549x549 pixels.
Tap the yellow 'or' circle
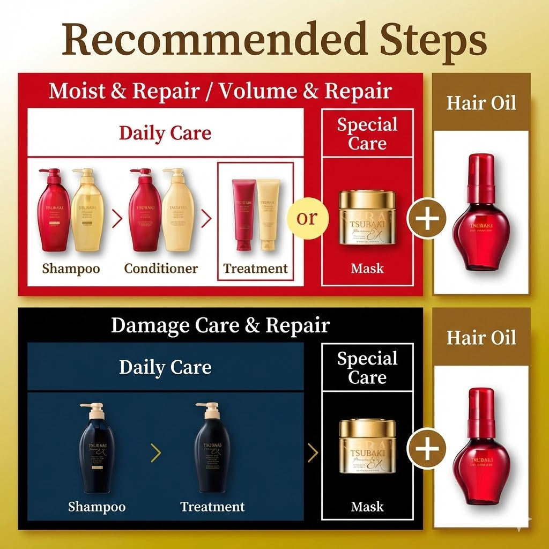pos(306,218)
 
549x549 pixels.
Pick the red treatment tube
pos(243,214)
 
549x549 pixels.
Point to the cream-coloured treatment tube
pos(268,214)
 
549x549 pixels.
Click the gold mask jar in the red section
pos(367,217)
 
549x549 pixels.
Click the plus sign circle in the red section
pos(427,219)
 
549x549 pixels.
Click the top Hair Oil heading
pos(481,102)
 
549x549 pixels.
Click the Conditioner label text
pos(161,269)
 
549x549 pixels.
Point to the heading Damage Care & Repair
pos(220,325)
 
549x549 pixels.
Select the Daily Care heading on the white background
pos(165,133)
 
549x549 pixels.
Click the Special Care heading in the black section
pos(367,368)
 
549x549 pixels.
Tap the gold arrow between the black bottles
pos(156,454)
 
